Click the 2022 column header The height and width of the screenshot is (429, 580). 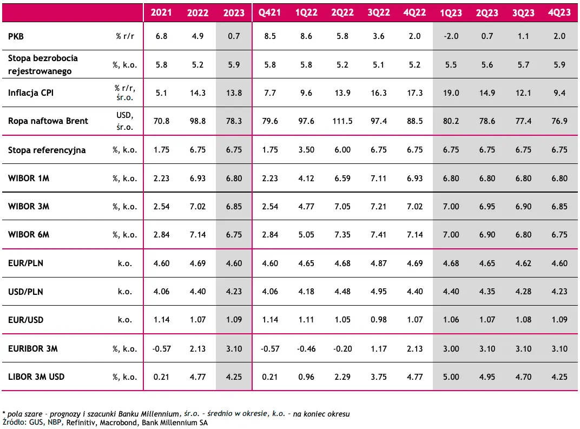[197, 13]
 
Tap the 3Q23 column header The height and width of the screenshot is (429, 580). [523, 13]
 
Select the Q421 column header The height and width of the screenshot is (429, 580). [269, 13]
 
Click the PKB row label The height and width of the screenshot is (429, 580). [16, 36]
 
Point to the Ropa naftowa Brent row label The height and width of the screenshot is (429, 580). [48, 121]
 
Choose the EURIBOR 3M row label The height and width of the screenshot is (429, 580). [33, 348]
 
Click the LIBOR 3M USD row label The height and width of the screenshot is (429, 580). [36, 377]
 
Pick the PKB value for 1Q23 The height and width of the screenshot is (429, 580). [451, 36]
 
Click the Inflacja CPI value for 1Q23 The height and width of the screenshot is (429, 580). [451, 93]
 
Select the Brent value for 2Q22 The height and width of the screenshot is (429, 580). [342, 121]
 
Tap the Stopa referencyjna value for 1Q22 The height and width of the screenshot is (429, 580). [306, 150]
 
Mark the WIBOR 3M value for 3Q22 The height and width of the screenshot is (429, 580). [378, 206]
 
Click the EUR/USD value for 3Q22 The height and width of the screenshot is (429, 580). [378, 320]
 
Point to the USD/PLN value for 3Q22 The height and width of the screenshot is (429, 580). [378, 292]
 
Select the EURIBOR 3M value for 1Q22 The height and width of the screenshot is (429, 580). [306, 348]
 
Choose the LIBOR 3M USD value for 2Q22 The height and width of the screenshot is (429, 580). [342, 377]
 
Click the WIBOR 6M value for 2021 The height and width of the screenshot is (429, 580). [161, 234]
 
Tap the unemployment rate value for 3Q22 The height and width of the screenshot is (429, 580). [378, 65]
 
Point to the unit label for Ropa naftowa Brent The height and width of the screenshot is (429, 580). [124, 121]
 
